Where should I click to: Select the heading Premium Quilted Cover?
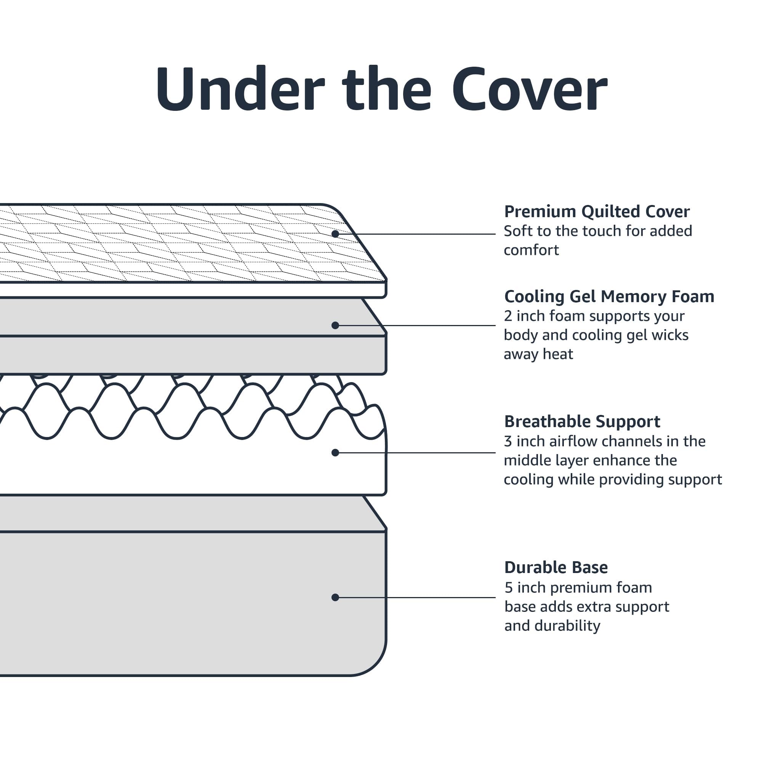coord(597,212)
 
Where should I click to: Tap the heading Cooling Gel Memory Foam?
coord(609,296)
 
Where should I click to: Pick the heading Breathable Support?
coord(582,422)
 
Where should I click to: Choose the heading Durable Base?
coord(556,568)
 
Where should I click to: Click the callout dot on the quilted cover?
coord(335,234)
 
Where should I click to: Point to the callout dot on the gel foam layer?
coord(335,325)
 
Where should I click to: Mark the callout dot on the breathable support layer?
coord(335,453)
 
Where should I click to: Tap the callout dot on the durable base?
coord(335,597)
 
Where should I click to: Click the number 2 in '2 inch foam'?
coord(508,316)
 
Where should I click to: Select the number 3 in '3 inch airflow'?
coord(508,441)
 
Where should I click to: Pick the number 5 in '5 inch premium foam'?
coord(509,588)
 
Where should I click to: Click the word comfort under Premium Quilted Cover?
coord(531,250)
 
